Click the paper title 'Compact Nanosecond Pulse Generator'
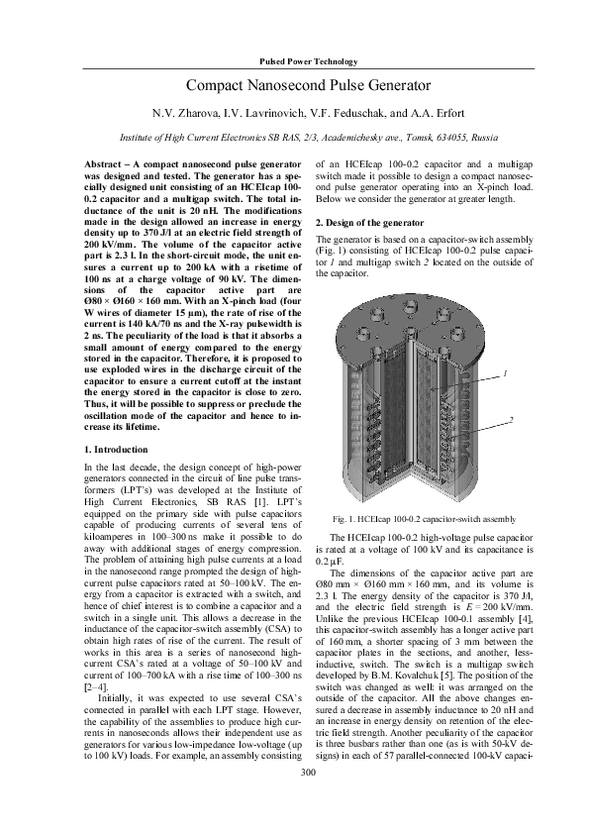[x=294, y=86]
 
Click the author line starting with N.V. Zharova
[x=294, y=113]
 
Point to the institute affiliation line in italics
[x=294, y=137]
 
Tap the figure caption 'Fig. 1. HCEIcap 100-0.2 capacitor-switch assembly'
[x=425, y=518]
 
